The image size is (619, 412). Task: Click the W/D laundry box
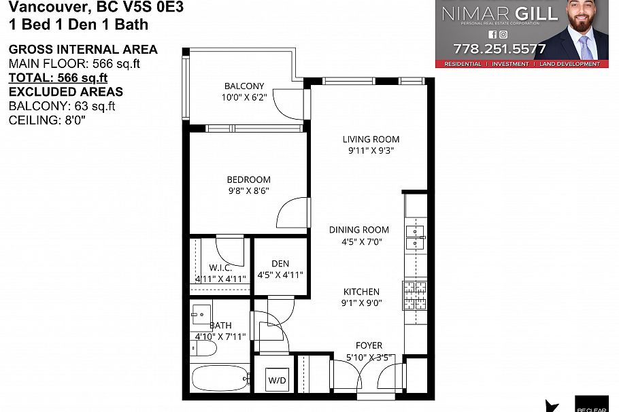point(276,379)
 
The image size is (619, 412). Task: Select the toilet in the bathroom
point(203,349)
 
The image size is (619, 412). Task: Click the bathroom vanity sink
point(201,313)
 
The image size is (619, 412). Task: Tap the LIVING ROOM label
point(371,139)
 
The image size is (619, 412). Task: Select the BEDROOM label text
point(248,179)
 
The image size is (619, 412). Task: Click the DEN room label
point(280,264)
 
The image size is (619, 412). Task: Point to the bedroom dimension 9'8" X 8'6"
point(248,191)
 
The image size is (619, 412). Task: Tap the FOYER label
point(369,345)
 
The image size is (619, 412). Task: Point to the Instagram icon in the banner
point(503,34)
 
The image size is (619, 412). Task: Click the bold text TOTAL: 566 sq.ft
point(58,78)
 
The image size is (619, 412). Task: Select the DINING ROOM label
point(359,230)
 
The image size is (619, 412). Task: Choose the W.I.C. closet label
point(221,268)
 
